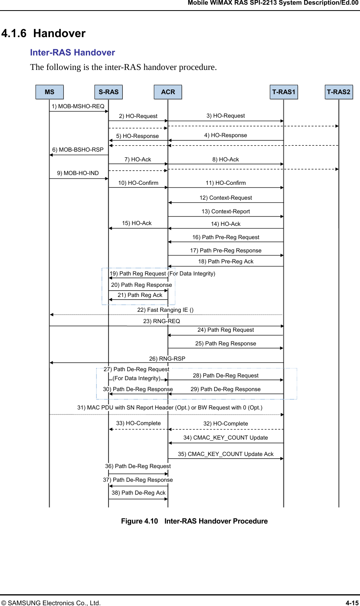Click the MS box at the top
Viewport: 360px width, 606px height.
(50, 92)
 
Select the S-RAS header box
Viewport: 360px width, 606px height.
(109, 92)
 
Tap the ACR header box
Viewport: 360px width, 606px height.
(168, 92)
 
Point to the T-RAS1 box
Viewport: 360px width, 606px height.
(284, 92)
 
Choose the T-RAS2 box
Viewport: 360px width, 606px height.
(339, 92)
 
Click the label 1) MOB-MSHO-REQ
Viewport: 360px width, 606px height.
(78, 106)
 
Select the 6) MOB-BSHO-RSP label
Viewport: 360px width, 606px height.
(78, 150)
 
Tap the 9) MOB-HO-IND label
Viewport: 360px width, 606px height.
(78, 173)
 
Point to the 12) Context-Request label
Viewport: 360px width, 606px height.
(226, 198)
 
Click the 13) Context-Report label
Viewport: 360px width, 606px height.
(226, 211)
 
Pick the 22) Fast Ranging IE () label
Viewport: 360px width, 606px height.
(165, 310)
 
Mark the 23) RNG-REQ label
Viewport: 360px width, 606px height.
(162, 321)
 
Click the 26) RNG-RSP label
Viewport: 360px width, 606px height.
(167, 359)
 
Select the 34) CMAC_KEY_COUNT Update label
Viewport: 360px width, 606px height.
(226, 438)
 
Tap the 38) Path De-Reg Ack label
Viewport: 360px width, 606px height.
(139, 493)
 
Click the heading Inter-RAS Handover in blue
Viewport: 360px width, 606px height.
(73, 53)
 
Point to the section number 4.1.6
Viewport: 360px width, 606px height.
(14, 34)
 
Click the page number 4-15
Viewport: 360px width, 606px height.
(352, 603)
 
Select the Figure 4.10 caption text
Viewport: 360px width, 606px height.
(194, 521)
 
